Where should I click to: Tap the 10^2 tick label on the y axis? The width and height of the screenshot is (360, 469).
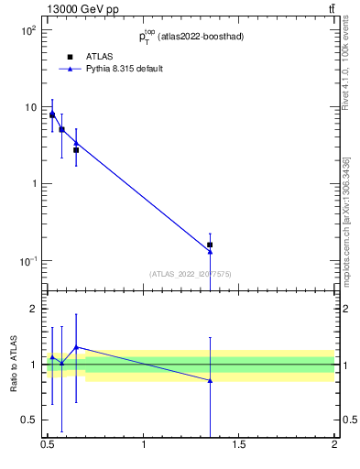(x=27, y=31)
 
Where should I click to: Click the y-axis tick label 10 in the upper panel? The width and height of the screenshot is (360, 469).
(x=29, y=108)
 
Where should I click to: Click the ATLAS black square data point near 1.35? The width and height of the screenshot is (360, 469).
(x=210, y=245)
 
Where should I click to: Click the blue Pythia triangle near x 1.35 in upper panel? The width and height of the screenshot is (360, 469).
(x=210, y=251)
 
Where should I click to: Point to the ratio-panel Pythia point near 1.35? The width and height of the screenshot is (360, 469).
(x=210, y=380)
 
